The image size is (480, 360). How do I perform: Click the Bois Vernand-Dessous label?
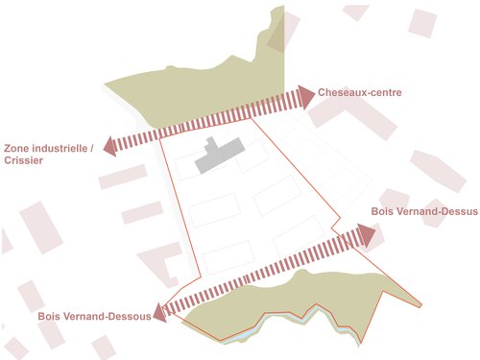(x=94, y=316)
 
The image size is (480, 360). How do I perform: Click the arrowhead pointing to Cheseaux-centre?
(x=306, y=96)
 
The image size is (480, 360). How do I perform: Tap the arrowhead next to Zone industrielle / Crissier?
(x=110, y=146)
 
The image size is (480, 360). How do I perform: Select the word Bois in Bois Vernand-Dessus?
(x=383, y=211)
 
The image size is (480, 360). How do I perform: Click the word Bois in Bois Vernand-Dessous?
(x=51, y=316)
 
